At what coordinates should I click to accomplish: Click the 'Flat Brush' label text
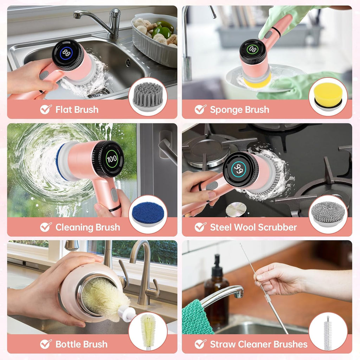point(77,110)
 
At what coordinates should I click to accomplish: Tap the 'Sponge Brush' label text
point(239,110)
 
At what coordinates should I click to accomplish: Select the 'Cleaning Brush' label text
point(88,227)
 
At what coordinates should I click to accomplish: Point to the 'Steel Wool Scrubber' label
point(253,227)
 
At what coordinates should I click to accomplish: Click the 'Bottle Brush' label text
point(81,345)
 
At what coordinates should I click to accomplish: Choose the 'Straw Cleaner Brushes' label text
point(258,345)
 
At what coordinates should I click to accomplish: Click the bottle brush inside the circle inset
point(148,330)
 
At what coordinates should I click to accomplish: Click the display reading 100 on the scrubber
point(111,159)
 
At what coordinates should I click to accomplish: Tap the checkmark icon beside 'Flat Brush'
point(46,109)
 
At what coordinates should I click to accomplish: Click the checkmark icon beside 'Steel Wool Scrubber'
point(200,227)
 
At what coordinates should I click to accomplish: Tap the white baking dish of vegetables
point(155,40)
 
